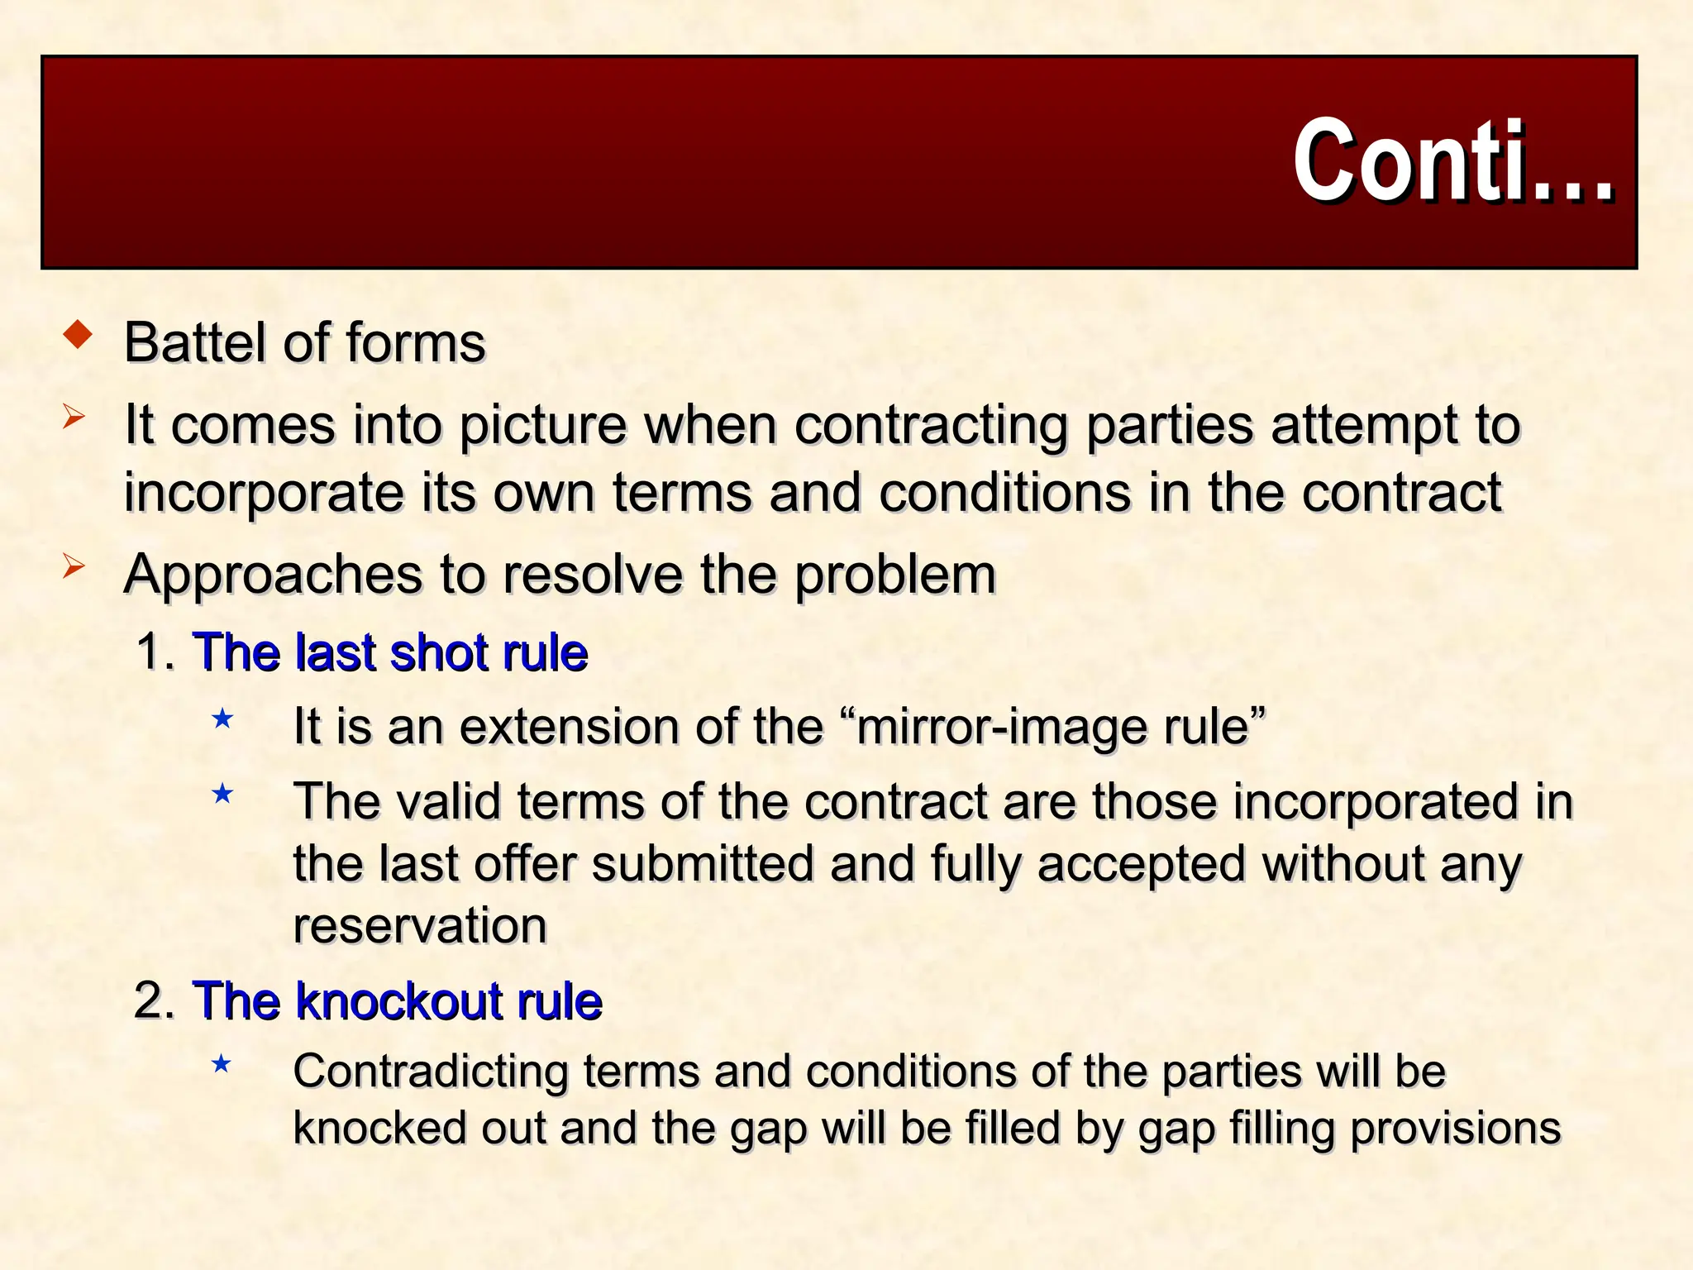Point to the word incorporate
click(x=264, y=494)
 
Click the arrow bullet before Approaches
click(x=74, y=567)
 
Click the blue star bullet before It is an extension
click(x=222, y=719)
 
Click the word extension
click(x=567, y=727)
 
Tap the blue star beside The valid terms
click(x=222, y=795)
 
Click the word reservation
click(x=420, y=925)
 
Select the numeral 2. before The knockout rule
click(x=154, y=1001)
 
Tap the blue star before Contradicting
click(x=221, y=1063)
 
